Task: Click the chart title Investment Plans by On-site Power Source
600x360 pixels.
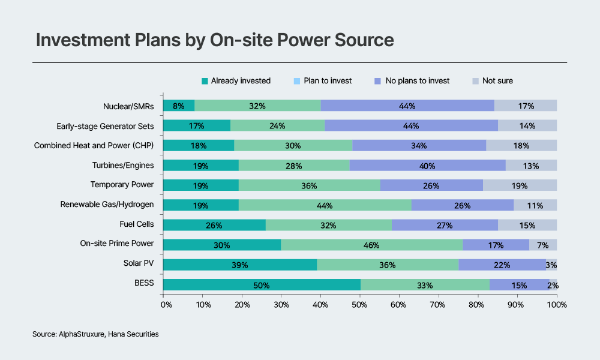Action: [215, 40]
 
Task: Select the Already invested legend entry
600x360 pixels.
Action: [236, 80]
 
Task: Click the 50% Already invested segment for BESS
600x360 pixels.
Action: [262, 285]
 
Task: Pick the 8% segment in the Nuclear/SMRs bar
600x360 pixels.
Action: [178, 106]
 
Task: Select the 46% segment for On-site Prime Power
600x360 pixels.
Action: [372, 244]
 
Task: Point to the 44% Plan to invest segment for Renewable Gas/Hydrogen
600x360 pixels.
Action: [325, 205]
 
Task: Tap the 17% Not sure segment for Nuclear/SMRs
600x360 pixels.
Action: [526, 106]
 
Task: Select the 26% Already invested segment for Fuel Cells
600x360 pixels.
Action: [214, 225]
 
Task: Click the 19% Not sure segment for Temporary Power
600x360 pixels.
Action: [520, 185]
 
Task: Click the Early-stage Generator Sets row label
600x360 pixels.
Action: [105, 126]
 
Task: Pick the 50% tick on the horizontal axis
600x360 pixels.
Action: [359, 305]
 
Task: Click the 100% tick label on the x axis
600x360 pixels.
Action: [556, 305]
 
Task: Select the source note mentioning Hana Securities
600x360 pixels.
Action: [95, 334]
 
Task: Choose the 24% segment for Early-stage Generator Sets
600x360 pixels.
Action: [277, 126]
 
